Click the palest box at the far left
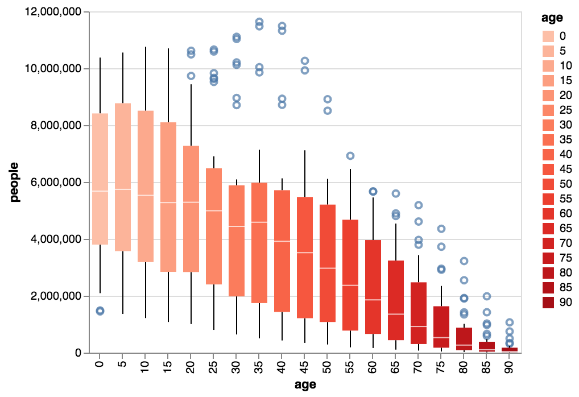pos(100,179)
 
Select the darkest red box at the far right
pos(510,350)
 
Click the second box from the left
pos(123,177)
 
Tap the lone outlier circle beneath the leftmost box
pos(100,311)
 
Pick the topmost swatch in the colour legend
pos(548,36)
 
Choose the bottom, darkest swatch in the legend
pos(548,303)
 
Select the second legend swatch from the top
pos(548,51)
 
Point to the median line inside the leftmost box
pos(100,191)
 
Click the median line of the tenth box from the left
pos(305,253)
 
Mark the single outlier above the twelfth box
pos(350,156)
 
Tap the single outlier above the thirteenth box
pos(373,192)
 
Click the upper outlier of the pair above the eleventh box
pos(328,99)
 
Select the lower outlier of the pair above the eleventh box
pos(328,110)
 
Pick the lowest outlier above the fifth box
pos(191,76)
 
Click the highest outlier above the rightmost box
pos(510,322)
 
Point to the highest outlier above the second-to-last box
pos(487,296)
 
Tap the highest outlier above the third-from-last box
pos(464,261)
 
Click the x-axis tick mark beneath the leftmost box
pos(100,356)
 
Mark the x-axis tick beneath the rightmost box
pos(510,356)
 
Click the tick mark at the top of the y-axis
pos(86,12)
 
